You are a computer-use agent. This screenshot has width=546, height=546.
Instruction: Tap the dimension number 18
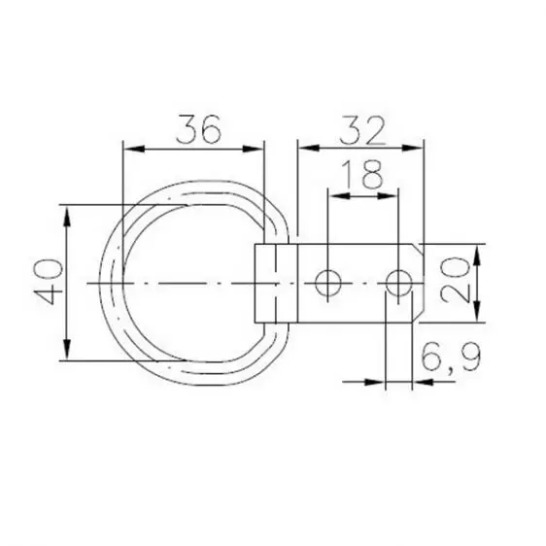click(362, 175)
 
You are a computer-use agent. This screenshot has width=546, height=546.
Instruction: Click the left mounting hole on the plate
click(328, 283)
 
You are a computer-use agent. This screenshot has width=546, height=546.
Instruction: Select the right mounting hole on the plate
click(397, 283)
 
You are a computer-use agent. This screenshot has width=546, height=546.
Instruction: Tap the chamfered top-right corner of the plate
click(420, 250)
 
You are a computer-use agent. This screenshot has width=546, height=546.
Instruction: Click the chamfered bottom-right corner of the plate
click(420, 316)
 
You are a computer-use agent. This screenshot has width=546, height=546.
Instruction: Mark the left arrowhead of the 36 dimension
click(127, 148)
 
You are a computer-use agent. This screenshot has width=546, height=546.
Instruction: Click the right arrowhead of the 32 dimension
click(419, 148)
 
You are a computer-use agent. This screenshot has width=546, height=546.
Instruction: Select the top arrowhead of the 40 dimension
click(66, 212)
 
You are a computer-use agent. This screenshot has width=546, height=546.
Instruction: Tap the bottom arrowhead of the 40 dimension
click(66, 354)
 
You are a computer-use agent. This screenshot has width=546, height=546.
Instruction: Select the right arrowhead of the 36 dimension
click(257, 148)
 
